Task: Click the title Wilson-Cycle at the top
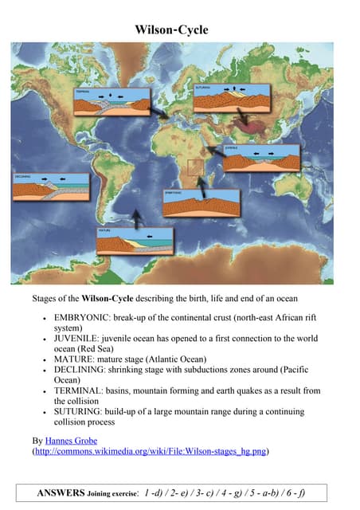pos(172,29)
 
